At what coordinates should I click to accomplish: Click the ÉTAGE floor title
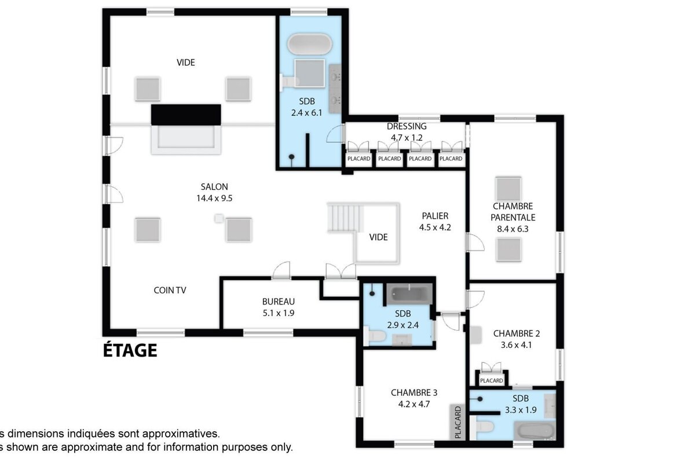[x=130, y=350]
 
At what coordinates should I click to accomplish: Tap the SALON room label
[x=214, y=187]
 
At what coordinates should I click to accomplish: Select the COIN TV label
[x=170, y=291]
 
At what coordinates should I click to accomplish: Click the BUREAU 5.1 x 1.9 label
[x=279, y=307]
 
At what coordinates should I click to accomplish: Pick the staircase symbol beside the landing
[x=345, y=218]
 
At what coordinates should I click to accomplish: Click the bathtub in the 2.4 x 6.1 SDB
[x=310, y=45]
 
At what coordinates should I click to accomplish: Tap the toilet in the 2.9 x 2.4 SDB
[x=374, y=335]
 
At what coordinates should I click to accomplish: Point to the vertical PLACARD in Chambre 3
[x=458, y=421]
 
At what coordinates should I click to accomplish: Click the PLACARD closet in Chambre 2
[x=491, y=380]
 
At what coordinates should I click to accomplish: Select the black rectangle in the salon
[x=186, y=114]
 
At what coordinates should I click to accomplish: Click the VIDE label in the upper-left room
[x=186, y=63]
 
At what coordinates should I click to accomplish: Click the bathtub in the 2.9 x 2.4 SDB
[x=409, y=293]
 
